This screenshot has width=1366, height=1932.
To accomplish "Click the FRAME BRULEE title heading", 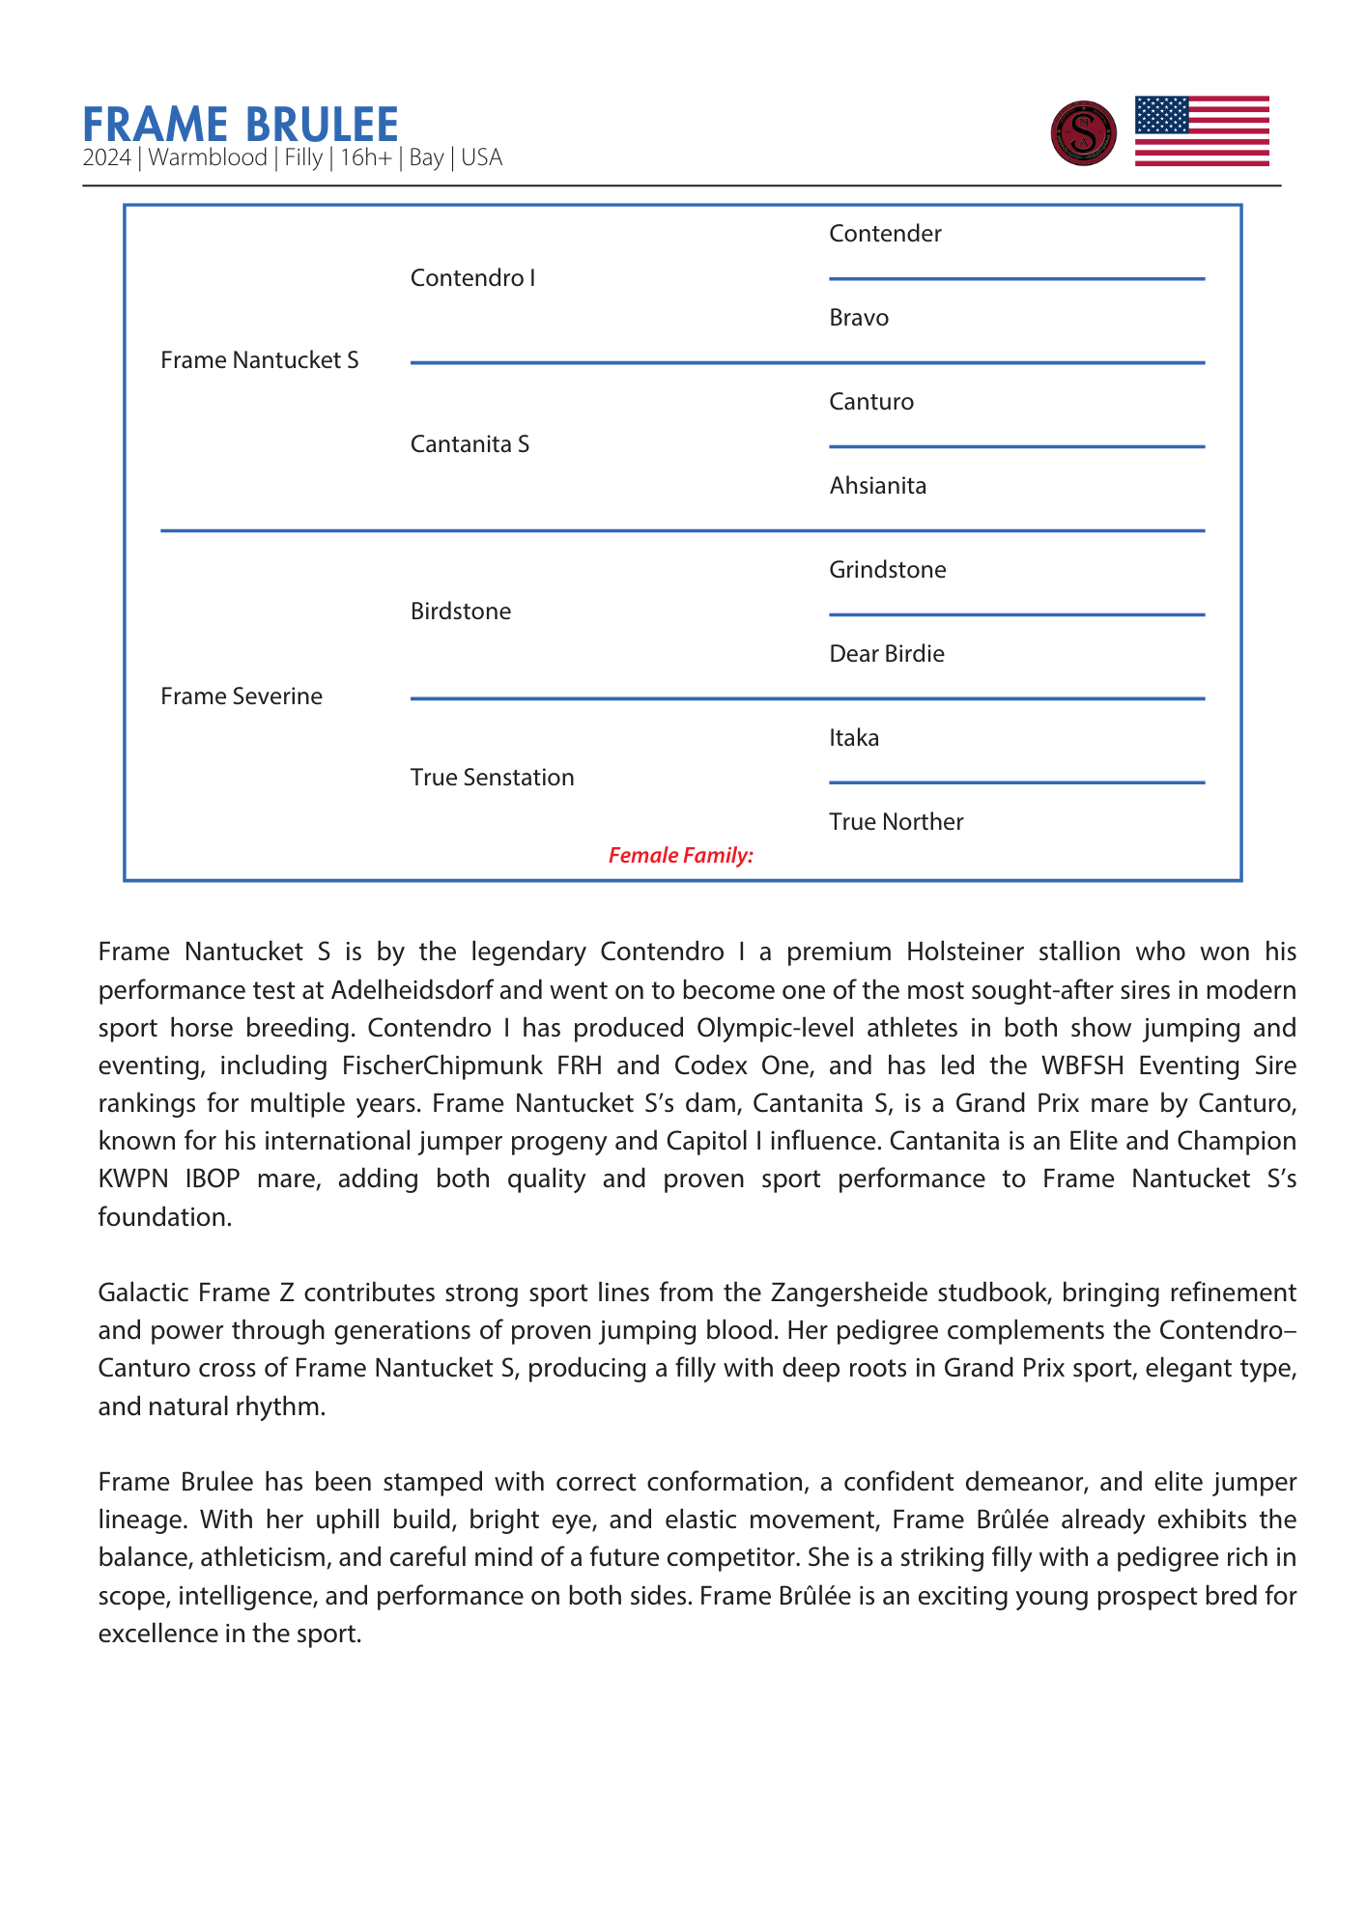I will click(x=241, y=125).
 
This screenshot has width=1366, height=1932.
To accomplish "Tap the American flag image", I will click(x=1201, y=131).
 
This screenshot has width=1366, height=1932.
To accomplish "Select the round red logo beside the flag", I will click(x=1083, y=133).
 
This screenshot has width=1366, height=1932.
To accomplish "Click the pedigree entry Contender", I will click(x=885, y=234).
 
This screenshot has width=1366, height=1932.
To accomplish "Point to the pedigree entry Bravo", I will click(x=859, y=318).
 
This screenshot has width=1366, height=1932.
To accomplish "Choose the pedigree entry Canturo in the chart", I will click(x=871, y=402).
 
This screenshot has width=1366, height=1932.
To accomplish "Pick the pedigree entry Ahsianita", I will click(x=877, y=486).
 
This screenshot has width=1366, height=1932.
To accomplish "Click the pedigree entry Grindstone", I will click(x=887, y=570).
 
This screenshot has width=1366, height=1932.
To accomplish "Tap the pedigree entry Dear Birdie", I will click(x=886, y=654).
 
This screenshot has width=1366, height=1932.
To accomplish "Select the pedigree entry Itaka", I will click(x=854, y=738).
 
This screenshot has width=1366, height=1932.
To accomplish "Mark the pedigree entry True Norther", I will click(x=896, y=822).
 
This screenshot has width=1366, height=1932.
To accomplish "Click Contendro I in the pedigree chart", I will click(x=472, y=278).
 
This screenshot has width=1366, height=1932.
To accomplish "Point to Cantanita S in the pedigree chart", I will click(x=470, y=444).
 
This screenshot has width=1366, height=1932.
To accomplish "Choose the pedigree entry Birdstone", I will click(x=461, y=611).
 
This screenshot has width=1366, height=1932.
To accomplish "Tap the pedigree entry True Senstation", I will click(x=492, y=778).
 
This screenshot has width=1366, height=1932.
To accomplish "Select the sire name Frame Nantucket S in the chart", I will click(x=259, y=360).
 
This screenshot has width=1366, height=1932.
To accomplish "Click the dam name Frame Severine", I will click(x=242, y=696).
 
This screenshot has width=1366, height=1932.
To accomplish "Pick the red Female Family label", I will click(x=680, y=855).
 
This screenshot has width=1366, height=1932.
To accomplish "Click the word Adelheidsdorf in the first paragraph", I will click(x=414, y=990).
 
